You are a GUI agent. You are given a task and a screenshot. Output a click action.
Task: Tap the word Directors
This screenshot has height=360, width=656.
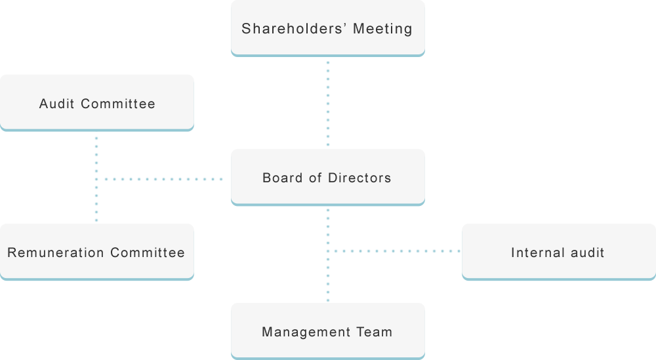click(359, 178)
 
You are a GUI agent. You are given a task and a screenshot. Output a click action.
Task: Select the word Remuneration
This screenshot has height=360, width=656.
click(56, 253)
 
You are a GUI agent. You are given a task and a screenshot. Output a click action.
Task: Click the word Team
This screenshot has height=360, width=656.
click(375, 332)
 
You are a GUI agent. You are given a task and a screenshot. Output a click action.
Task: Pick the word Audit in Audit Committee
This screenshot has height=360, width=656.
click(56, 104)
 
